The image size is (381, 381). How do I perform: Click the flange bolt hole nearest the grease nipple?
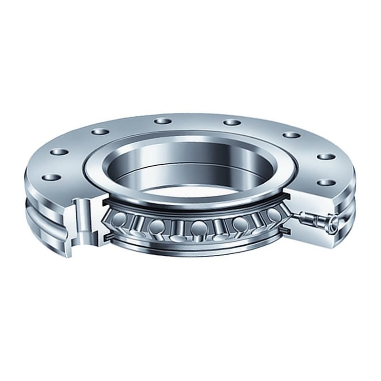(325, 182)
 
